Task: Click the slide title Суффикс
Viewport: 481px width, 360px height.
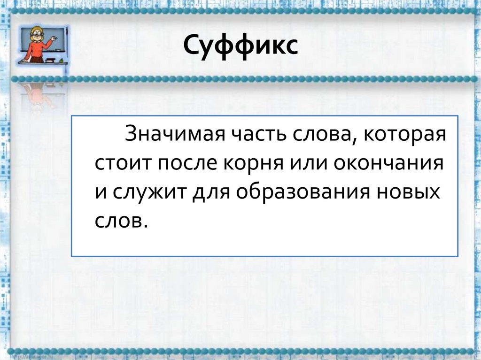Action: pyautogui.click(x=240, y=47)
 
